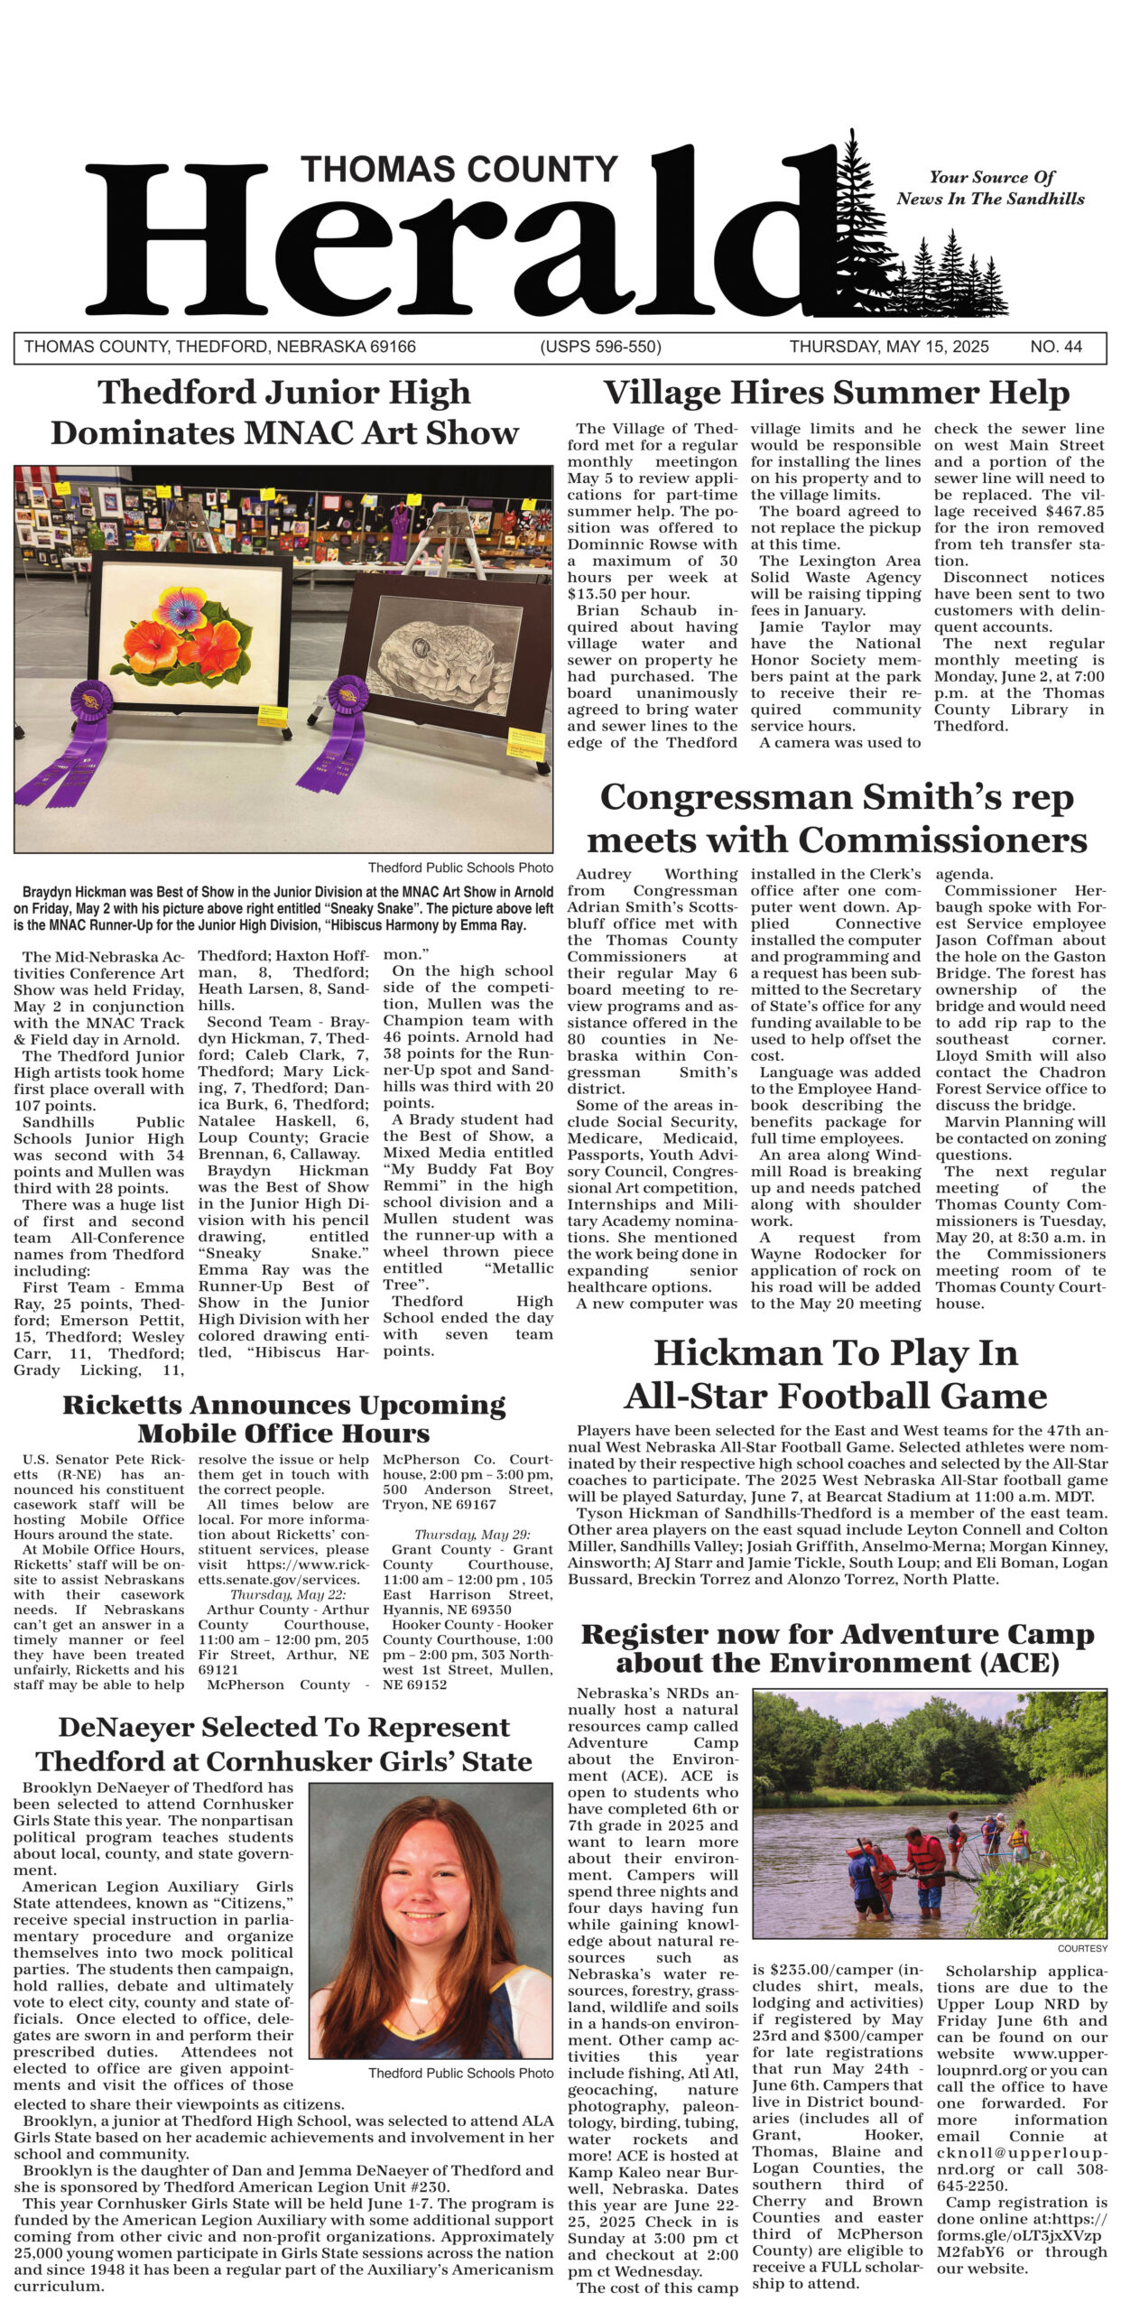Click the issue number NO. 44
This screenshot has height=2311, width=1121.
[x=1055, y=347]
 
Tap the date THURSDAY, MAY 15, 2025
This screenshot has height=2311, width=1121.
[x=888, y=347]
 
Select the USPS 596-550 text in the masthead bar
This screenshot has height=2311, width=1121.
[x=600, y=347]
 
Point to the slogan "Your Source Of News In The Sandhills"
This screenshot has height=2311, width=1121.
[x=990, y=189]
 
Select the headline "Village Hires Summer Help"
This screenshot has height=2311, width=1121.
[x=836, y=393]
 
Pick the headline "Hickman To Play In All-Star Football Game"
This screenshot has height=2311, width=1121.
[x=836, y=1374]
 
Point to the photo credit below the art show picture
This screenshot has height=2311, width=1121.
[x=460, y=868]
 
